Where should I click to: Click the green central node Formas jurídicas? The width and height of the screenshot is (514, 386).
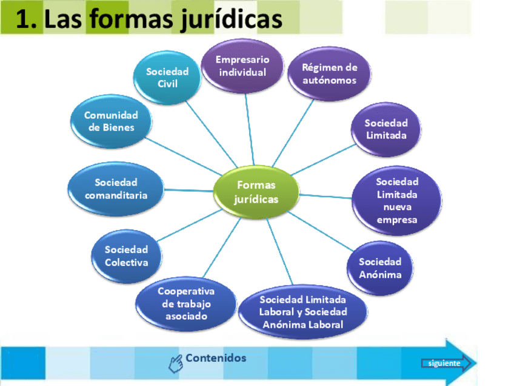256,192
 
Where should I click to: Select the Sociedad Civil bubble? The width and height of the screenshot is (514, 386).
167,78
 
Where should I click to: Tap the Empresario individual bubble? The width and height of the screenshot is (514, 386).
242,66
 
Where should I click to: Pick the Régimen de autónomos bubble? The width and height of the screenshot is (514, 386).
330,73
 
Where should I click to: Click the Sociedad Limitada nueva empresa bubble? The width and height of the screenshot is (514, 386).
396,200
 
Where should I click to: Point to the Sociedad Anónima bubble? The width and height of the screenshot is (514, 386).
380,268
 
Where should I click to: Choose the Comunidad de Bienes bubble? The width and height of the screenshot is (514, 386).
112,121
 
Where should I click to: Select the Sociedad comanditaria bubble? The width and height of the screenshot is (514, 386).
116,189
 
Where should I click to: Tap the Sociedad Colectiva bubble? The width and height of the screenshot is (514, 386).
126,256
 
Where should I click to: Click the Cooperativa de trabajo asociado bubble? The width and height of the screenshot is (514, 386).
186,303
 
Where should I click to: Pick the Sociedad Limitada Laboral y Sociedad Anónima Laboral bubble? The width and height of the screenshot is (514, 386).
302,311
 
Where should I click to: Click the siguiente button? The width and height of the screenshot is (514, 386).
444,364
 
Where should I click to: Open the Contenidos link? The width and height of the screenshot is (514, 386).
216,358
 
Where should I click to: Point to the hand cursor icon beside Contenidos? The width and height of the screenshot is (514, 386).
176,363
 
